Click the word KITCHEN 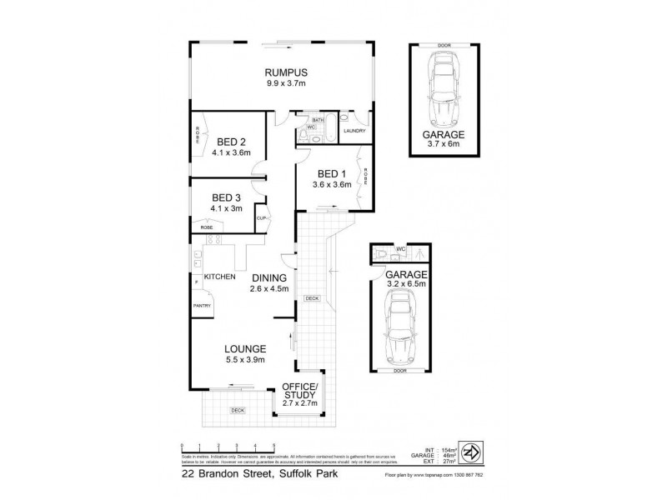pos(219,277)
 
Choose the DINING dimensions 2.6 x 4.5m pos(268,289)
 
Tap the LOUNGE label pos(244,348)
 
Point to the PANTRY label pos(202,306)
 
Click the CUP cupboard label pos(261,218)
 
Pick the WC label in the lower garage pos(401,249)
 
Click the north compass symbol pos(472,451)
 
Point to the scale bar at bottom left pos(228,446)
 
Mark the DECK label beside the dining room pos(312,298)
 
